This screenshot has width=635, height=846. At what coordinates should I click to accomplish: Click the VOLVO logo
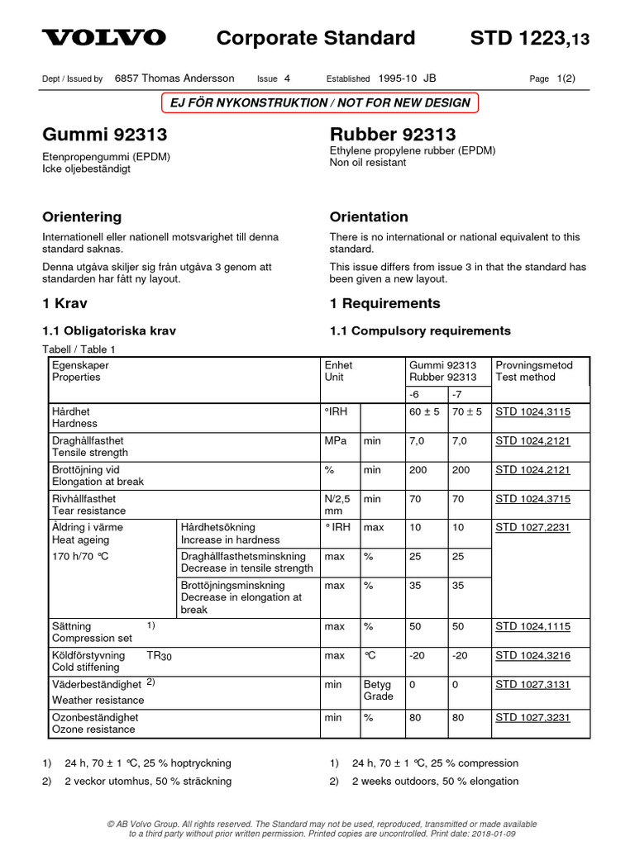[103, 38]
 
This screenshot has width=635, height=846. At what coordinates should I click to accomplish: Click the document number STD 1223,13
[529, 38]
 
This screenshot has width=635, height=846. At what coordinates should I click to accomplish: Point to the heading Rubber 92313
[392, 135]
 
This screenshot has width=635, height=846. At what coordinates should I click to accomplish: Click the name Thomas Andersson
[188, 78]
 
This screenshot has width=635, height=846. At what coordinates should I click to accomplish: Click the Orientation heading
[368, 217]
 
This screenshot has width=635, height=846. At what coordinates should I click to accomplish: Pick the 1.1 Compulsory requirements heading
[420, 331]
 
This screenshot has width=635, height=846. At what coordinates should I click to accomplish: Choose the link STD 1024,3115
[532, 411]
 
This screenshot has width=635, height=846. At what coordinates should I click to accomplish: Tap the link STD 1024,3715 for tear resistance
[532, 499]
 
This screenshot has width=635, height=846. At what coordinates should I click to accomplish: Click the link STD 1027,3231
[532, 718]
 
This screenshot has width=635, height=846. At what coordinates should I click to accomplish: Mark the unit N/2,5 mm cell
[340, 505]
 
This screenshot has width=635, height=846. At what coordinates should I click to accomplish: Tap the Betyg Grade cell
[378, 690]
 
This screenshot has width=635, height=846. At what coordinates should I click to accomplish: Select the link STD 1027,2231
[532, 527]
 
